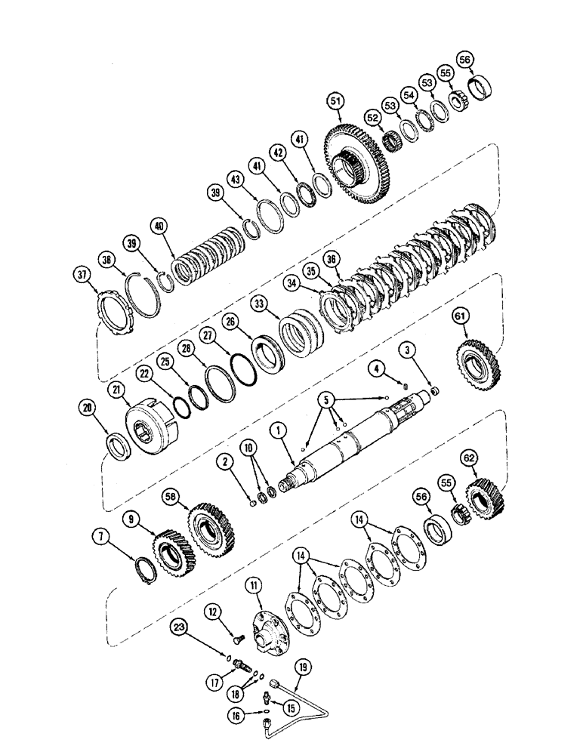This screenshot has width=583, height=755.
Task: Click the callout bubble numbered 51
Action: point(335,100)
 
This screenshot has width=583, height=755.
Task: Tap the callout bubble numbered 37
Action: point(82,273)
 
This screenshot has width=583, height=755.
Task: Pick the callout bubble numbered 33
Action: point(259,304)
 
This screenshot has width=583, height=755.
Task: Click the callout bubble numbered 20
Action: point(90,408)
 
